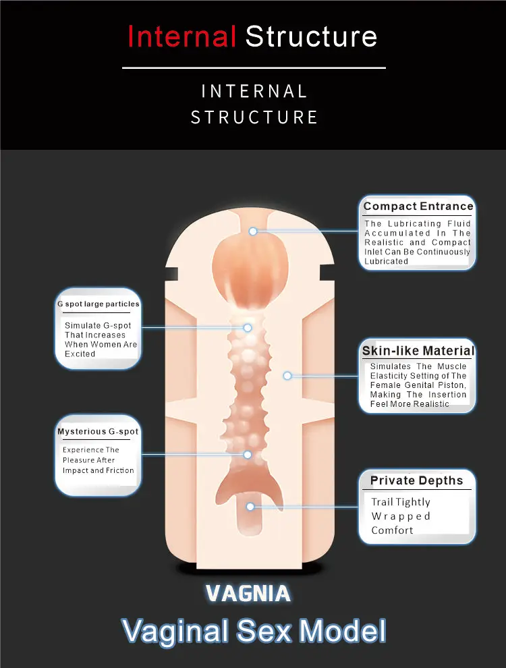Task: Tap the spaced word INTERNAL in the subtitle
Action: coord(254,91)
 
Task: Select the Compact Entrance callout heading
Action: coord(418,206)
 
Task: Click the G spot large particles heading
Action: coord(98,304)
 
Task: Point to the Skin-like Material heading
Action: coord(418,351)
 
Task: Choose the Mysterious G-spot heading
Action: coord(98,432)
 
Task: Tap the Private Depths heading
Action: coord(416,481)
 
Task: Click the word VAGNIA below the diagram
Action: coord(248,594)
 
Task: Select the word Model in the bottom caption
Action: coord(343,631)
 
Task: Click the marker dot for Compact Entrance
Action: coord(253,231)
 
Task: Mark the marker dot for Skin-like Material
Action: coord(287,375)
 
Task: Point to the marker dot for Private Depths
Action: coord(250,506)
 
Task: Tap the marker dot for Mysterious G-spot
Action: coord(248,455)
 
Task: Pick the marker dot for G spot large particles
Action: coord(248,328)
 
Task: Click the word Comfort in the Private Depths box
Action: coord(392,530)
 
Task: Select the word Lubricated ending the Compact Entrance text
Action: coord(387,261)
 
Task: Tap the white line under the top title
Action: coord(254,67)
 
